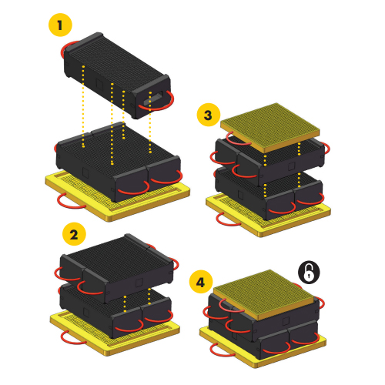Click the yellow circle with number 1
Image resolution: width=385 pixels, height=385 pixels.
pyautogui.click(x=60, y=25)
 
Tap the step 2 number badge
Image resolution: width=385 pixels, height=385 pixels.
pyautogui.click(x=74, y=234)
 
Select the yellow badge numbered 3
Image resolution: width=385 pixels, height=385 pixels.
pyautogui.click(x=209, y=115)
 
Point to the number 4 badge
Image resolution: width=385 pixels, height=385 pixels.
pyautogui.click(x=201, y=282)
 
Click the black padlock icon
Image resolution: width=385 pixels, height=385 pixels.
pyautogui.click(x=309, y=273)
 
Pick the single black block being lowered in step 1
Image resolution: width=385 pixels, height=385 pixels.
pyautogui.click(x=117, y=75)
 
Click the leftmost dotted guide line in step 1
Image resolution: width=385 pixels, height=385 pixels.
pyautogui.click(x=83, y=106)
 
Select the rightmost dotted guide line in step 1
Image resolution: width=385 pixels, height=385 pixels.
pyautogui.click(x=150, y=122)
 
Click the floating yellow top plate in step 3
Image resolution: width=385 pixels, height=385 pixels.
pyautogui.click(x=270, y=128)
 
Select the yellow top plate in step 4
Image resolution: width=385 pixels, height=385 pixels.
pyautogui.click(x=263, y=294)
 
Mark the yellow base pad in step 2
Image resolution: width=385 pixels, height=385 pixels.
pyautogui.click(x=115, y=333)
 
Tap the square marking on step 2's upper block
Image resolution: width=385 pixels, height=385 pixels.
pyautogui.click(x=139, y=283)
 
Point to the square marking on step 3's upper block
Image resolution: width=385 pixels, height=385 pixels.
pyautogui.click(x=292, y=166)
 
